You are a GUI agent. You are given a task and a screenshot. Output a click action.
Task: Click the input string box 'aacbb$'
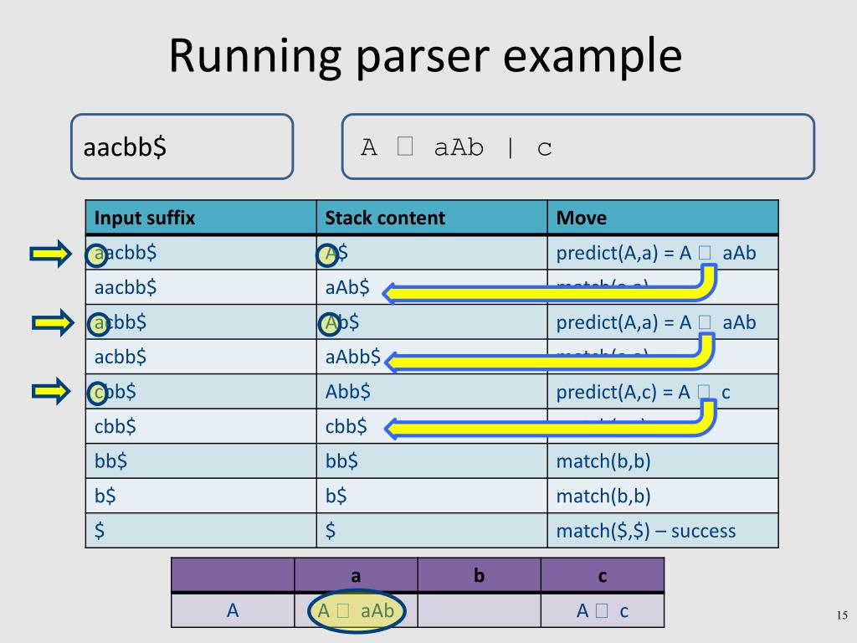(x=182, y=147)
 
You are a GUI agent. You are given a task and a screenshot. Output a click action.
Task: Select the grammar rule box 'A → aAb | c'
(x=577, y=147)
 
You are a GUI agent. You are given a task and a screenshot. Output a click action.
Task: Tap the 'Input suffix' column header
(x=145, y=219)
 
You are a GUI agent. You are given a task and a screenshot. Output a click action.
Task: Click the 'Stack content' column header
(x=385, y=219)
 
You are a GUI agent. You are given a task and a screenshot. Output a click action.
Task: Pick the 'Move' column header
(x=582, y=219)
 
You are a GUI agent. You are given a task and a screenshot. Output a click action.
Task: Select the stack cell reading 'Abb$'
(x=348, y=391)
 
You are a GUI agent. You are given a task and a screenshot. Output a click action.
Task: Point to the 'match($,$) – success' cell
(x=645, y=530)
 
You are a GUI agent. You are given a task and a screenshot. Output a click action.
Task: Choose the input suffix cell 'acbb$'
(x=121, y=358)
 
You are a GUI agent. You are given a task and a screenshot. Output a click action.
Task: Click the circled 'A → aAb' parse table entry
(x=356, y=611)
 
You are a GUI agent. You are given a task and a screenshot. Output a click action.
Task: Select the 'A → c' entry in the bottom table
(x=603, y=611)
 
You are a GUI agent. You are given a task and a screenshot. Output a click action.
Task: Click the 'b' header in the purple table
(x=480, y=576)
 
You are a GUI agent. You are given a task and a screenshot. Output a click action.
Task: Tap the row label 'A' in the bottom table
(x=233, y=611)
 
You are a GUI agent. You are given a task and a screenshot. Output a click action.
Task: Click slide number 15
(x=842, y=617)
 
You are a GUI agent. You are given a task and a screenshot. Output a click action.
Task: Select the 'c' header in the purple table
(x=603, y=576)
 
